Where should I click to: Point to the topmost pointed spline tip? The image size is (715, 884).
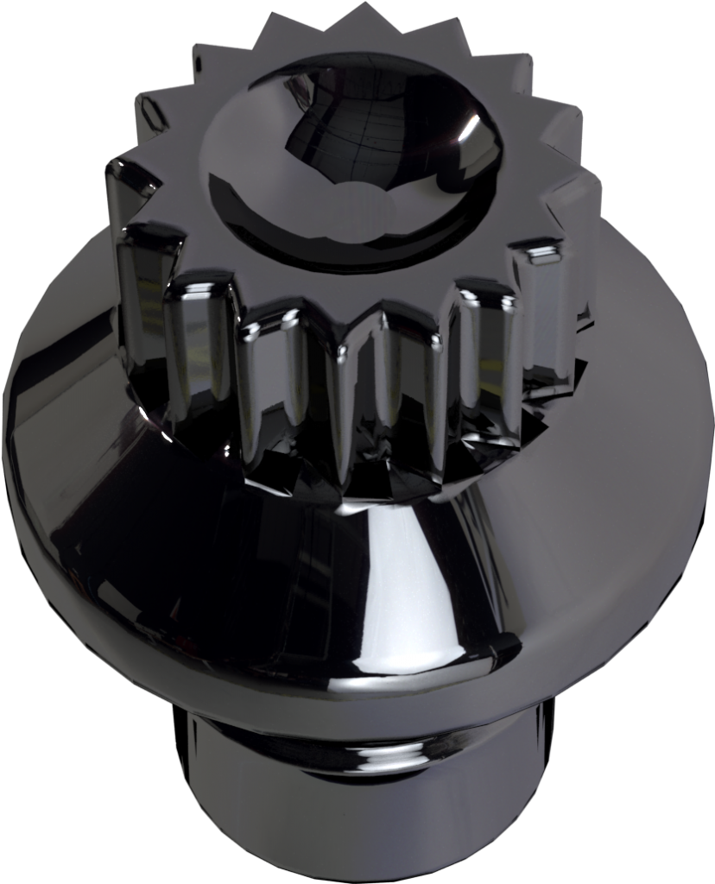pos(364,10)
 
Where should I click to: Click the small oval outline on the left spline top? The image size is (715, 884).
pos(154,112)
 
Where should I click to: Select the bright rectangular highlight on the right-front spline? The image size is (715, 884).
pos(542,254)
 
